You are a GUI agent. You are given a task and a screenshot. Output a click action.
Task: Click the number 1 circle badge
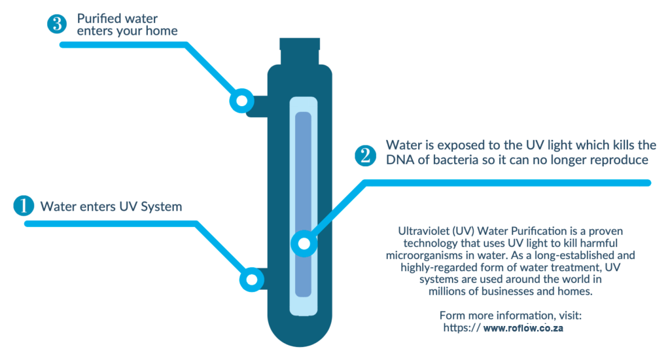[x=24, y=206]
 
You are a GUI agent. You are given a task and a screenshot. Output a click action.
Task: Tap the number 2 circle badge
[x=365, y=156]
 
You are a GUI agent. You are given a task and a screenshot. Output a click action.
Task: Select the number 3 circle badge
[x=57, y=24]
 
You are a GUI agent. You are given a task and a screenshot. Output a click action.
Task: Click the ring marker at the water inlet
[x=252, y=279]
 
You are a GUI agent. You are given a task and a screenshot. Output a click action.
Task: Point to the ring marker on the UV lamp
[x=304, y=243]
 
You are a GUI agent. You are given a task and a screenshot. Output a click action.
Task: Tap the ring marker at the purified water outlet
[x=242, y=101]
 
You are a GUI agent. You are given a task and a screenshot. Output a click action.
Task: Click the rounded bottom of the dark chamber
[x=300, y=329]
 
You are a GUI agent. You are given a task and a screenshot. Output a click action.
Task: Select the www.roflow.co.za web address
[x=523, y=328]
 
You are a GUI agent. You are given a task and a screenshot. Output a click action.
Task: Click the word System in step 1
[x=162, y=207]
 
